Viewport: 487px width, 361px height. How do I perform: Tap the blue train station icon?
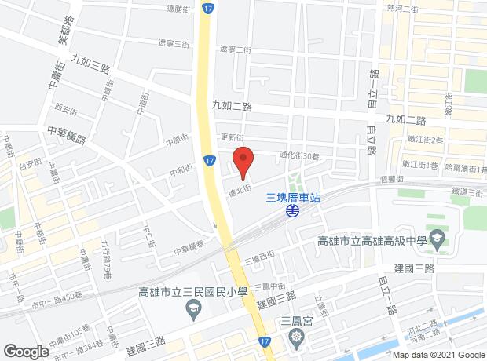292,211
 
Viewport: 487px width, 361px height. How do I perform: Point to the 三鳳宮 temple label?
296,321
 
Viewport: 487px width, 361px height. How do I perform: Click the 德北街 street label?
239,189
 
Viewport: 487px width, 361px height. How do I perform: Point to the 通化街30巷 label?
298,155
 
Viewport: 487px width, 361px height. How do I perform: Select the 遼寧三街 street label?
174,43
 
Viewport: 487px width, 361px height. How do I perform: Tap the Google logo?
26,350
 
